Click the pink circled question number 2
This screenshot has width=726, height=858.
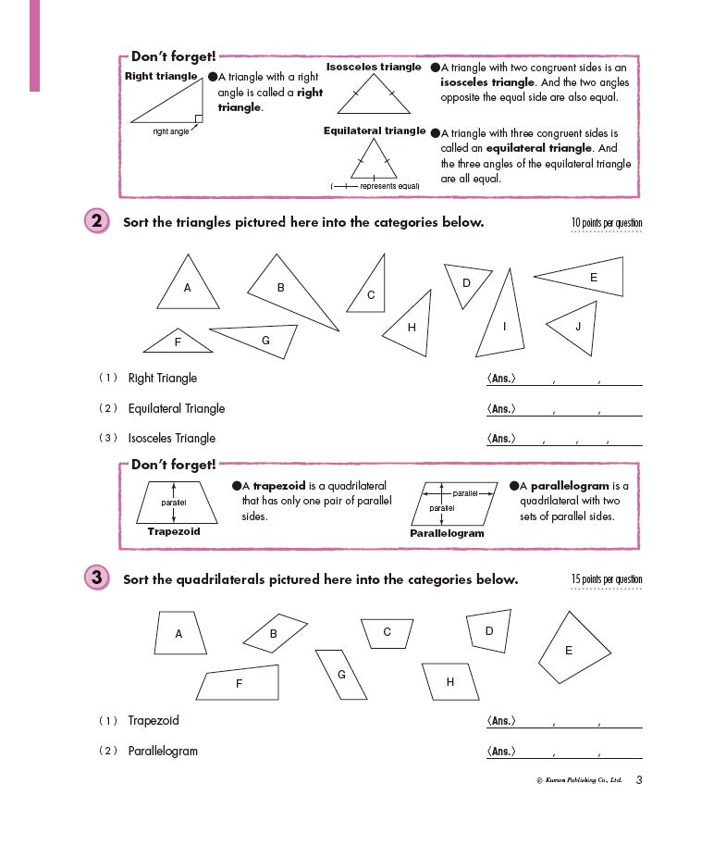click(x=96, y=222)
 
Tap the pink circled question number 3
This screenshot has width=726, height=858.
click(x=96, y=578)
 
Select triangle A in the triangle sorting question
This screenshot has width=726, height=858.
click(x=188, y=287)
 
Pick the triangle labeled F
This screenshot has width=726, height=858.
click(x=178, y=342)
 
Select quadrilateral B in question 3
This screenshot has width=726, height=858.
click(x=275, y=633)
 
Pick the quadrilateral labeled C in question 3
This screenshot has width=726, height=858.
click(x=388, y=632)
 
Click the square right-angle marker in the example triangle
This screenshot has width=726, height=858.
click(x=198, y=118)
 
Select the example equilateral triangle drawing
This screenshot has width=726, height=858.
click(x=373, y=163)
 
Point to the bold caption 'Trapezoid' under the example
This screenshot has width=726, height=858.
click(x=174, y=532)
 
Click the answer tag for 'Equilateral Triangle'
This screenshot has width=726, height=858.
click(x=500, y=408)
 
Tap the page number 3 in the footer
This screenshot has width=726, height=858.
click(x=638, y=780)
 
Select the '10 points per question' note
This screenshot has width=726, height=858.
click(x=606, y=223)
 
